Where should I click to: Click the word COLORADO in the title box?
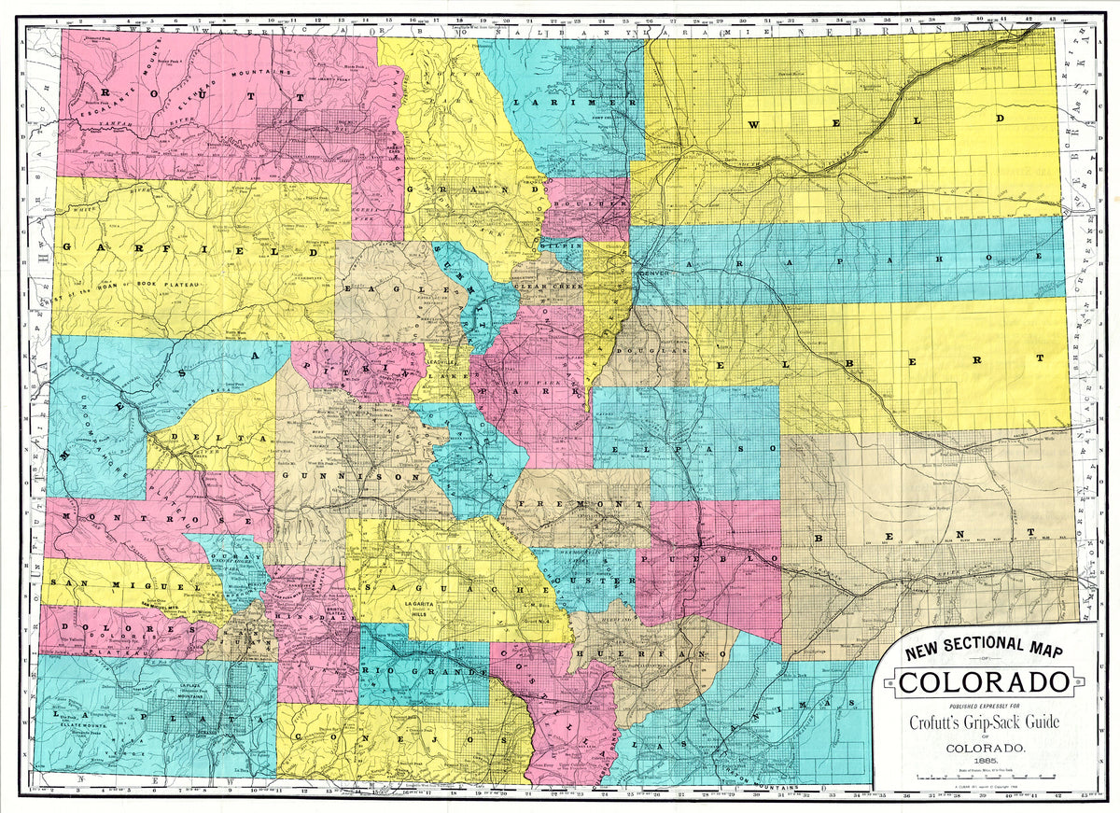[x=982, y=681]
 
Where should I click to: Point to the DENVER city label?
[x=653, y=263]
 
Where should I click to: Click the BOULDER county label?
[x=589, y=203]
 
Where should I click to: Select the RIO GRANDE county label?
[x=425, y=672]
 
